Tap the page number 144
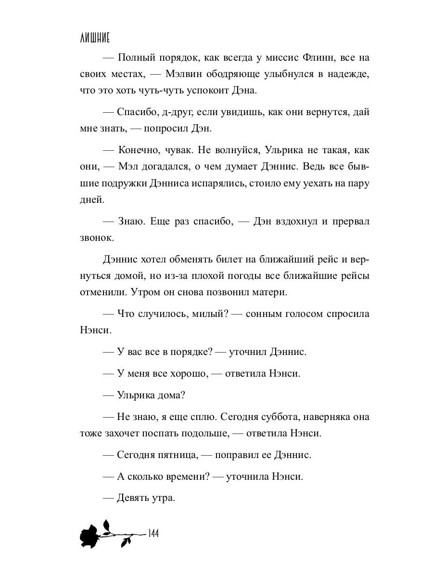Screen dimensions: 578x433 pos(154,534)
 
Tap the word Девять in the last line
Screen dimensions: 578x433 pos(135,498)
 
